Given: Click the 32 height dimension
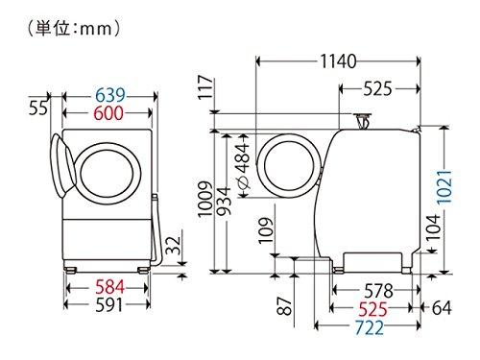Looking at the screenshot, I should coord(171,246).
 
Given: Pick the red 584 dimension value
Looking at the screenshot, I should coord(107,288).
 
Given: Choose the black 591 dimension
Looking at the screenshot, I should coord(107,307).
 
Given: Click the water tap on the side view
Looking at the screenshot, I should coord(364,120).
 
